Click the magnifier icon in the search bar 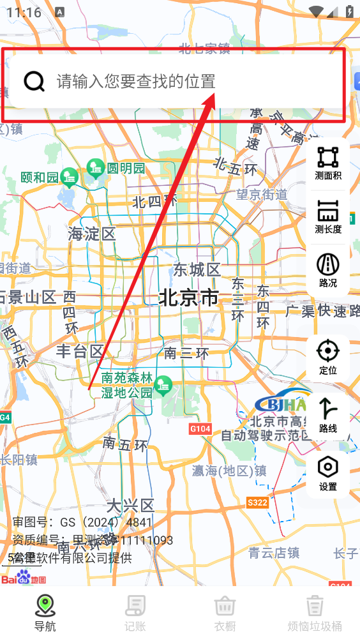[34, 81]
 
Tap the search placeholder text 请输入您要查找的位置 [136, 81]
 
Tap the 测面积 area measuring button [328, 162]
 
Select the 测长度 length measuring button [328, 216]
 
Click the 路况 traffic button [328, 269]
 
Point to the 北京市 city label [188, 298]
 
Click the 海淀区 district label [92, 234]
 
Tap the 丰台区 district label [80, 351]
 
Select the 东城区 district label [197, 269]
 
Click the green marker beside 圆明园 [96, 169]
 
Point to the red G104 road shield [200, 429]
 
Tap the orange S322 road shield [257, 503]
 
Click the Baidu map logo [24, 579]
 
